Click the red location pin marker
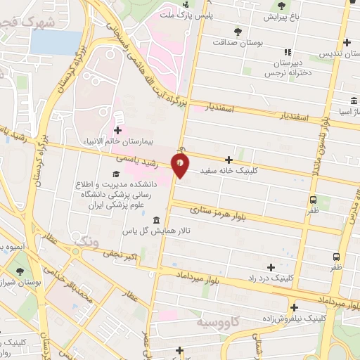point(181,165)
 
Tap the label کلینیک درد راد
point(271,278)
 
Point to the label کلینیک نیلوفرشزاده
point(294,318)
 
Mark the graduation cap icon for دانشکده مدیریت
point(115,174)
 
